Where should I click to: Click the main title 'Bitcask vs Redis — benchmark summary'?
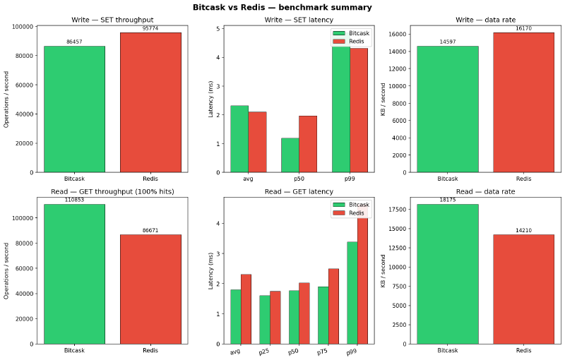tap(282, 7)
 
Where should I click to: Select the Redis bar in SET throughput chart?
tap(150, 102)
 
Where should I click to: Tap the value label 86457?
tap(74, 42)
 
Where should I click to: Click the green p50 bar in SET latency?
tap(290, 155)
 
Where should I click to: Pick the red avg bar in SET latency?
tap(257, 141)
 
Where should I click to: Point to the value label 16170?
tap(523, 29)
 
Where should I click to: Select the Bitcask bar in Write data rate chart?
tap(447, 109)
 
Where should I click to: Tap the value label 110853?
tap(74, 200)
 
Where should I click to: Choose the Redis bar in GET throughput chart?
tap(150, 289)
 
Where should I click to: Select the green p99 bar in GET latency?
tap(352, 293)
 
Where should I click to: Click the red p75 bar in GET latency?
tap(333, 306)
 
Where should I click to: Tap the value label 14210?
tap(523, 231)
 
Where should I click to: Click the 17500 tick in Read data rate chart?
tap(398, 210)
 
